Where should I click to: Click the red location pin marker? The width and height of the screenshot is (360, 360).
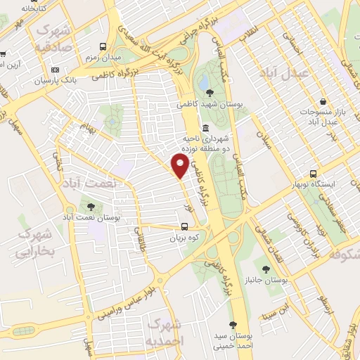click(x=180, y=165)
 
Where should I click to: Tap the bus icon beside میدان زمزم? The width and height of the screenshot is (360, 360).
click(x=103, y=46)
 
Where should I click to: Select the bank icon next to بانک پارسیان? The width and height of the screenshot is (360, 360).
click(x=55, y=70)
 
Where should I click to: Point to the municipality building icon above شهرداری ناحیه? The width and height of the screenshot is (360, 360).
click(x=205, y=128)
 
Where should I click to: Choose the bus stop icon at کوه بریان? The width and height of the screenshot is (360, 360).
click(x=184, y=226)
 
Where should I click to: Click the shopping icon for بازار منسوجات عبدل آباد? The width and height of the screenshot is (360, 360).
click(x=322, y=102)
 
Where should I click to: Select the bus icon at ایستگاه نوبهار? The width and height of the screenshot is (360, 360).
click(x=313, y=174)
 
